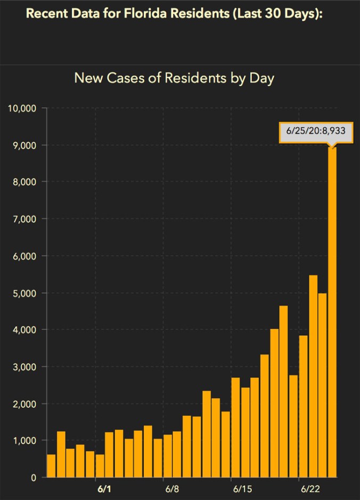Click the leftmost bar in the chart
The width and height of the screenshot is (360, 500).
point(51,465)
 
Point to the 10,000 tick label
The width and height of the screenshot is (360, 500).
point(22,109)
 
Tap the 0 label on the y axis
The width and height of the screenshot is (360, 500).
point(33,478)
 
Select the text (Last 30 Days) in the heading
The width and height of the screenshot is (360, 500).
point(279,13)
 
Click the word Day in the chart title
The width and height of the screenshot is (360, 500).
point(263,78)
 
